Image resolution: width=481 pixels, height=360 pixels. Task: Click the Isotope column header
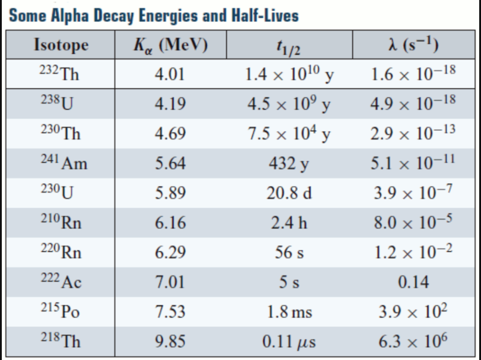coord(61,45)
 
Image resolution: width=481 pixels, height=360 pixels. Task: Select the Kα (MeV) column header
coord(170,45)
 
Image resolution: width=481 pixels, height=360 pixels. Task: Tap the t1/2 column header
coord(289,46)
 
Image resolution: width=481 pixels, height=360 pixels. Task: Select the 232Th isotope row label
coord(59,74)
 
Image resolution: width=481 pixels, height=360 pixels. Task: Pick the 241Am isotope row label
coord(63,163)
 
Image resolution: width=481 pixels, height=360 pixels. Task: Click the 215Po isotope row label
coord(59,311)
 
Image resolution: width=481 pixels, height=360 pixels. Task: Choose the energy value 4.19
coord(170,104)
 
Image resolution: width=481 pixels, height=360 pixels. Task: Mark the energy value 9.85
coord(170,341)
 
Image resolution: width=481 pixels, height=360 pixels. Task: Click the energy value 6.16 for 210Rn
coord(170,222)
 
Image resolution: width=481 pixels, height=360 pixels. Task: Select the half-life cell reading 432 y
coord(289,163)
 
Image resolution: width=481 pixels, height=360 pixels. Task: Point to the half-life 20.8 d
coord(289,193)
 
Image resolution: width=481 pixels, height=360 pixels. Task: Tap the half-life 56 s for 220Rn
coord(289,253)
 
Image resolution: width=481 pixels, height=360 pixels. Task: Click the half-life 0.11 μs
coord(289,341)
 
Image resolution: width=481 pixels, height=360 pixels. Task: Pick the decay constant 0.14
coord(413,282)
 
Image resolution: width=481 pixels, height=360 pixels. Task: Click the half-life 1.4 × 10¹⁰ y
coord(289,74)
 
